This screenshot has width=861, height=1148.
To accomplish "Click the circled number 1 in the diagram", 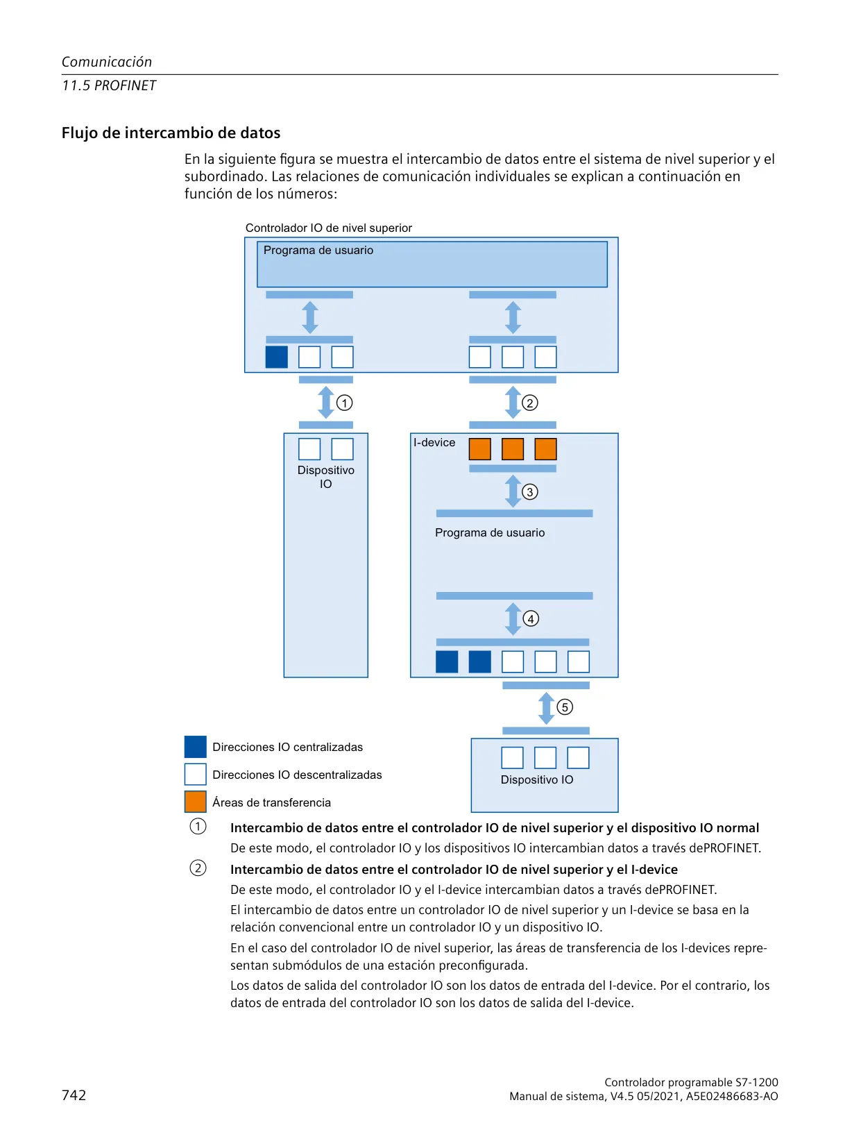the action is [x=344, y=403].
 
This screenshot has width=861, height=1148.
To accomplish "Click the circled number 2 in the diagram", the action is [x=529, y=403].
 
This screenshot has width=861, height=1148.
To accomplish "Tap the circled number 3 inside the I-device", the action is [x=529, y=491].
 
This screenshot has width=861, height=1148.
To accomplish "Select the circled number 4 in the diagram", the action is [x=531, y=618].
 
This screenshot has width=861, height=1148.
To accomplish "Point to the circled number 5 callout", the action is [x=565, y=707].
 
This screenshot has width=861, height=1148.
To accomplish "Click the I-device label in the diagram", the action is [x=434, y=442].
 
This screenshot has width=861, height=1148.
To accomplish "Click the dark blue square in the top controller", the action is [x=277, y=357].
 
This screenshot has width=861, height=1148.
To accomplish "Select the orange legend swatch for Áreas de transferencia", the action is [x=195, y=802].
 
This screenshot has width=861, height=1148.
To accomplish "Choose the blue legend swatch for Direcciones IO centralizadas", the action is [x=195, y=746].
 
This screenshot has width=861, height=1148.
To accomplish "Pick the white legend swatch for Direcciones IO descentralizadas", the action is [x=195, y=774].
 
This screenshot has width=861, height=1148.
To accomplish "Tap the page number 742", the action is [x=74, y=1095].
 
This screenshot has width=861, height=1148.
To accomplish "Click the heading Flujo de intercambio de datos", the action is [x=171, y=133].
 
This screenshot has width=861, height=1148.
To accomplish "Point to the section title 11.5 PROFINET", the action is [x=109, y=85].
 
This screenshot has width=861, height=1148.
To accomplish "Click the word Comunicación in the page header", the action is [x=107, y=62].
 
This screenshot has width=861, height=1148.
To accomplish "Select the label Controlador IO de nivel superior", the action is [x=329, y=228].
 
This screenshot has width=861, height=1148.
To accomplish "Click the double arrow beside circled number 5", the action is [x=546, y=708].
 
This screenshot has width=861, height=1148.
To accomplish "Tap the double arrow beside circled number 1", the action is [x=326, y=402].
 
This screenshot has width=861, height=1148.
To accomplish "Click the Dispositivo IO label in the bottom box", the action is [x=537, y=779].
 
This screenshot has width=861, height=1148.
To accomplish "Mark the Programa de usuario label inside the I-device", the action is [x=490, y=532].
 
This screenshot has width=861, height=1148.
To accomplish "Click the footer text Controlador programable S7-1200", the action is [x=691, y=1082].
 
